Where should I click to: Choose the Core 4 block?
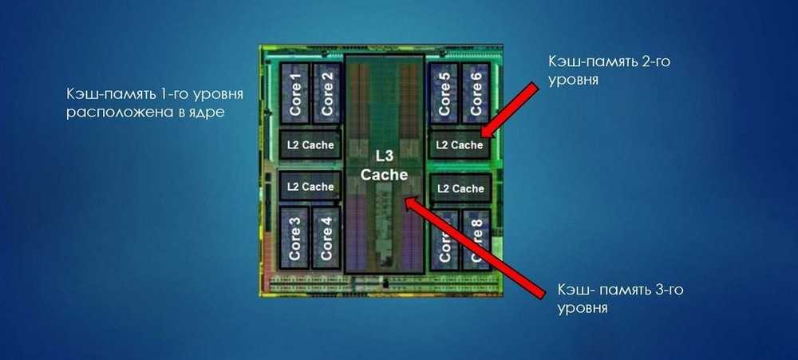coord(325,237)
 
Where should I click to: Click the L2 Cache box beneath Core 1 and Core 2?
coord(310,144)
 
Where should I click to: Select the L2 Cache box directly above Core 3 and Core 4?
coord(310,187)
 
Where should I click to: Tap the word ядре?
coord(205,113)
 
